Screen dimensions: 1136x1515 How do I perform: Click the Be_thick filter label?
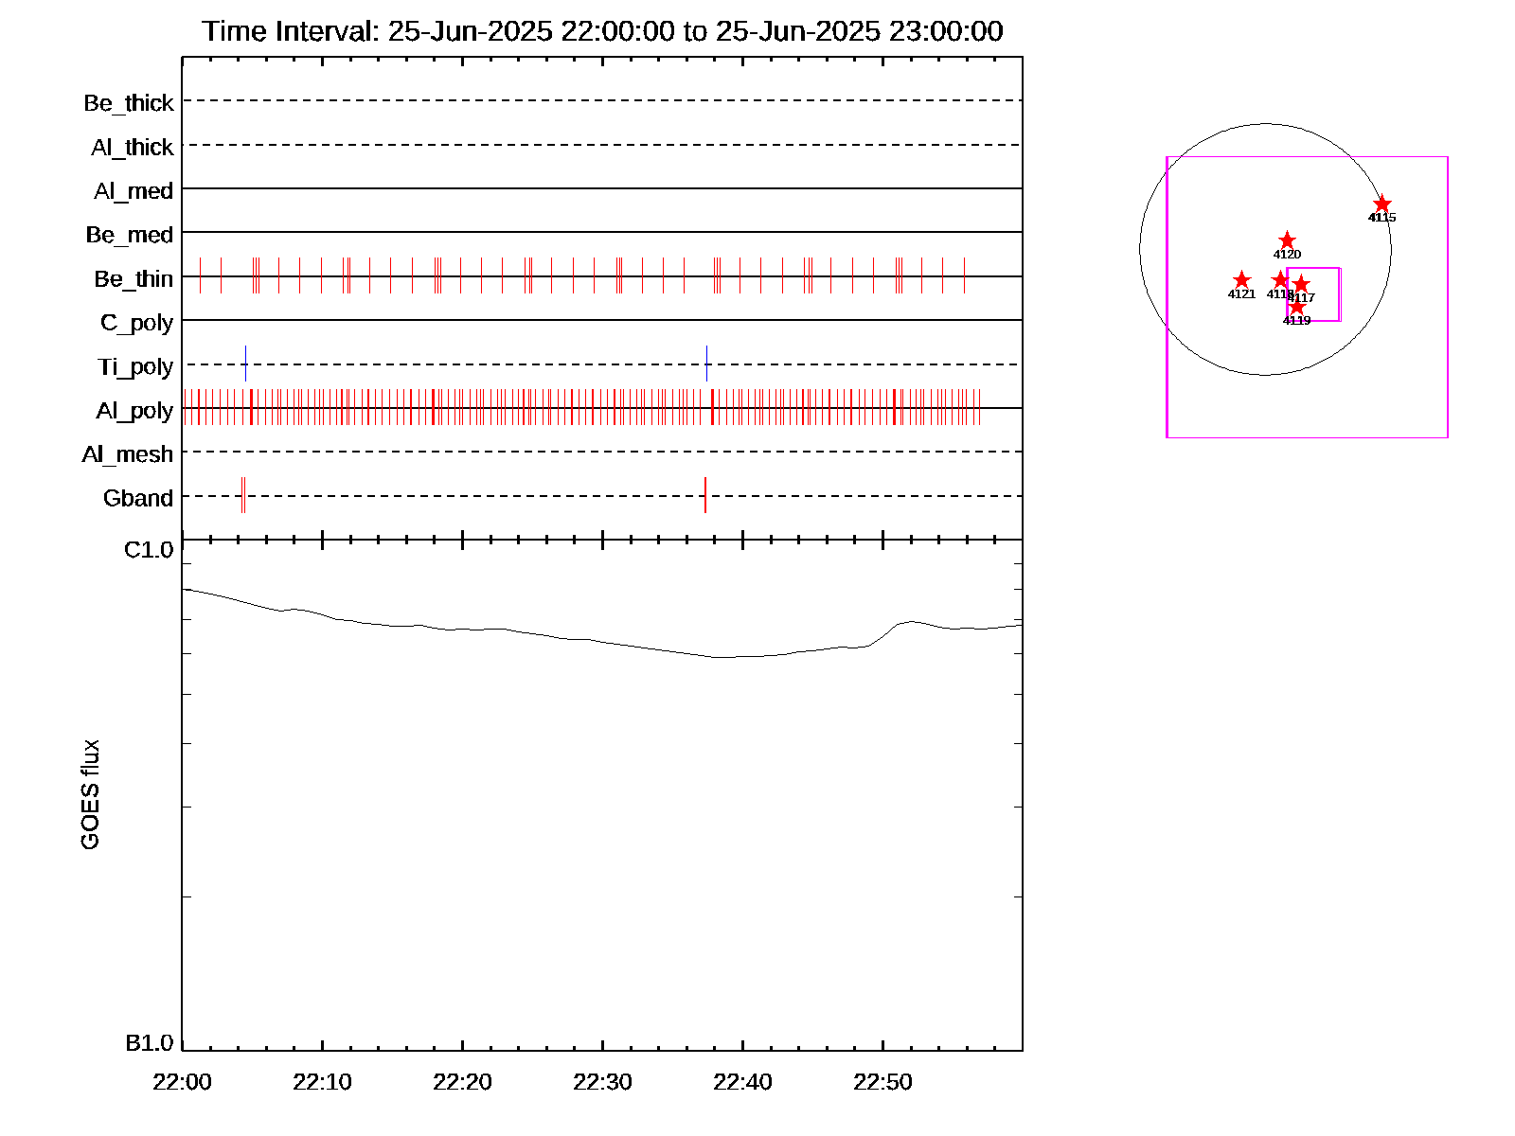click(x=129, y=103)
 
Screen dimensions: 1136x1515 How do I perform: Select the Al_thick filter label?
click(x=133, y=148)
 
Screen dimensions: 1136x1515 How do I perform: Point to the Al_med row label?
click(x=134, y=191)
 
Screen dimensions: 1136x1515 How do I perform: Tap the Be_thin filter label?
click(x=134, y=279)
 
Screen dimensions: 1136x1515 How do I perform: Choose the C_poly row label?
click(x=136, y=323)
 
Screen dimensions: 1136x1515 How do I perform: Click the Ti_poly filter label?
click(x=135, y=367)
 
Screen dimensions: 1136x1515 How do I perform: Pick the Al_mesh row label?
click(x=128, y=455)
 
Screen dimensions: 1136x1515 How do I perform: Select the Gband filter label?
click(x=138, y=499)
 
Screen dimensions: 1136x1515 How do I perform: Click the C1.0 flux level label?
click(x=149, y=550)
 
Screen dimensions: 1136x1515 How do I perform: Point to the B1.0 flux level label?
click(x=149, y=1043)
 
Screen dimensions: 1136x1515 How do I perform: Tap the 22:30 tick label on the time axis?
click(x=602, y=1082)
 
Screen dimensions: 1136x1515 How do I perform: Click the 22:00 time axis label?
click(x=182, y=1082)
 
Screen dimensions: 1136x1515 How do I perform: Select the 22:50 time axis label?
click(x=882, y=1082)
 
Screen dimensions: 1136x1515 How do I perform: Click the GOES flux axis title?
click(x=90, y=795)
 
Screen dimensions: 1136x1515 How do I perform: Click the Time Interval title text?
click(x=602, y=31)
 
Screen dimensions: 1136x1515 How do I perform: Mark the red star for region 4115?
click(x=1382, y=204)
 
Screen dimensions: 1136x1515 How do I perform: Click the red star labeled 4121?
click(x=1241, y=280)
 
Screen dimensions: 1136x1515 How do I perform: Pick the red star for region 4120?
click(x=1287, y=240)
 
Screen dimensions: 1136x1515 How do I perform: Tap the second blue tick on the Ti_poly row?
click(x=706, y=364)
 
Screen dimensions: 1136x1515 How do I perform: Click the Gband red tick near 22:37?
click(x=704, y=495)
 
